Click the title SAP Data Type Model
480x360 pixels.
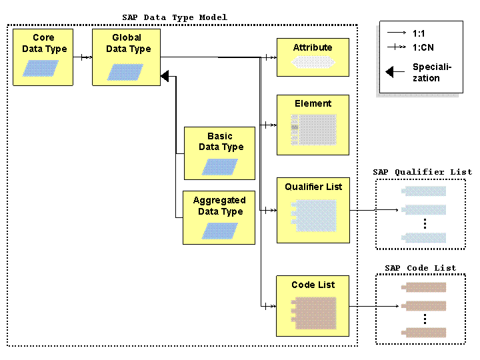175,17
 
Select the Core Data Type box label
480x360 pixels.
45,43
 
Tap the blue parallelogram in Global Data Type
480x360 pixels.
125,72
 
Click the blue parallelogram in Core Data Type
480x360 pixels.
41,68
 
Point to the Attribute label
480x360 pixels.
313,47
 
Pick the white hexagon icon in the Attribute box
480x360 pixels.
313,62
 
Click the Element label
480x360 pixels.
313,103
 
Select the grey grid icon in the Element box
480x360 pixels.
314,130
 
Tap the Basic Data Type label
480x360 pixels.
221,141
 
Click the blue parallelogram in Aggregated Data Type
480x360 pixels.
219,231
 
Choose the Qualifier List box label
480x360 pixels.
313,187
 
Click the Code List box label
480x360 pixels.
313,285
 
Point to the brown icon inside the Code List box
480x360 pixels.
314,313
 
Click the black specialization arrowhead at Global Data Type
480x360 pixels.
165,76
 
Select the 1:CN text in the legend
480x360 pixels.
423,47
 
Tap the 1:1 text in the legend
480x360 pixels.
419,33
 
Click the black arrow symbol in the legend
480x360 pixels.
395,72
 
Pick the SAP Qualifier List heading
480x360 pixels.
423,173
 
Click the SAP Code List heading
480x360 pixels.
420,268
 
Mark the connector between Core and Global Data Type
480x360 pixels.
83,57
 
